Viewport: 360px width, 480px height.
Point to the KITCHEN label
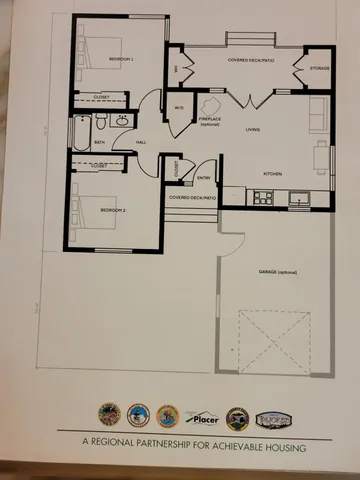coord(273,173)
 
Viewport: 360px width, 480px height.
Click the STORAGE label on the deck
coord(319,68)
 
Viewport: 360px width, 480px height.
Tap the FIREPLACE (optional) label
coord(210,122)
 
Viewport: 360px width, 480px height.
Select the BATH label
coord(99,143)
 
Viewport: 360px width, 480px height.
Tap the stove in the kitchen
coord(262,197)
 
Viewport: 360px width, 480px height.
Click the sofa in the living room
coord(318,115)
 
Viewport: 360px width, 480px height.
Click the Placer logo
coord(205,416)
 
